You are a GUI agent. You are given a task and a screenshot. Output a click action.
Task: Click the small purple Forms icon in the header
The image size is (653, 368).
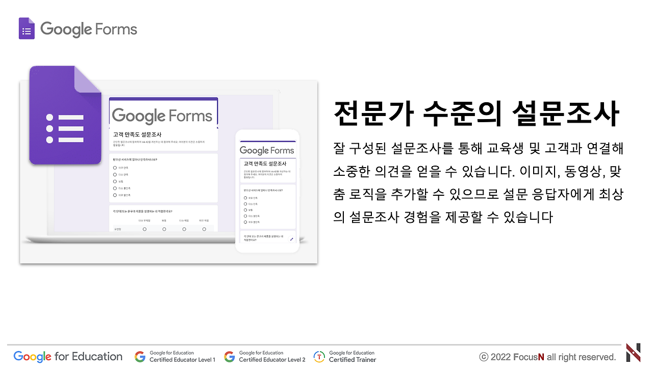click(27, 29)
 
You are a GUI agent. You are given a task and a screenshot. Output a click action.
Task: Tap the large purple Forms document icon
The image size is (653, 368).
click(65, 116)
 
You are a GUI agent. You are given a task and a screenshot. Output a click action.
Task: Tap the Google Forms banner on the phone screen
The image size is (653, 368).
click(267, 150)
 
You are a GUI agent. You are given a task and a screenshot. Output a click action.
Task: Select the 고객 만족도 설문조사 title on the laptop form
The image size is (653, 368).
click(134, 134)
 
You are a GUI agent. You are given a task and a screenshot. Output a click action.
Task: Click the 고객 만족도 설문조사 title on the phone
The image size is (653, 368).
click(260, 164)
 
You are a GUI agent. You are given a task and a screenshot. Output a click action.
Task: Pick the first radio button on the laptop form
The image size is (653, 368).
click(115, 167)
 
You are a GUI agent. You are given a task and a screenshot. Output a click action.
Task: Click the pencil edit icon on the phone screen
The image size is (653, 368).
click(291, 239)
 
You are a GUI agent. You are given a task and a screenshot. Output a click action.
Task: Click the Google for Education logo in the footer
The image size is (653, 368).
click(68, 356)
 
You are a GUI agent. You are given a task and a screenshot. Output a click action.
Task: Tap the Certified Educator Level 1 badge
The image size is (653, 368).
click(175, 356)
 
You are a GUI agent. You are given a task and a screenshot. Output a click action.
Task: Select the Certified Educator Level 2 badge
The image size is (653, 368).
click(265, 356)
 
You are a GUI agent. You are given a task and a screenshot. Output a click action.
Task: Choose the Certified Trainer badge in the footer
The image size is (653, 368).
click(345, 356)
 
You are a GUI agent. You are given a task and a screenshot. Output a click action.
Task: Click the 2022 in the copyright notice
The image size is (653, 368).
click(500, 357)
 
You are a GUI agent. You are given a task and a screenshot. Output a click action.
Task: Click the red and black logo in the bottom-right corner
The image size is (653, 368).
click(633, 353)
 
